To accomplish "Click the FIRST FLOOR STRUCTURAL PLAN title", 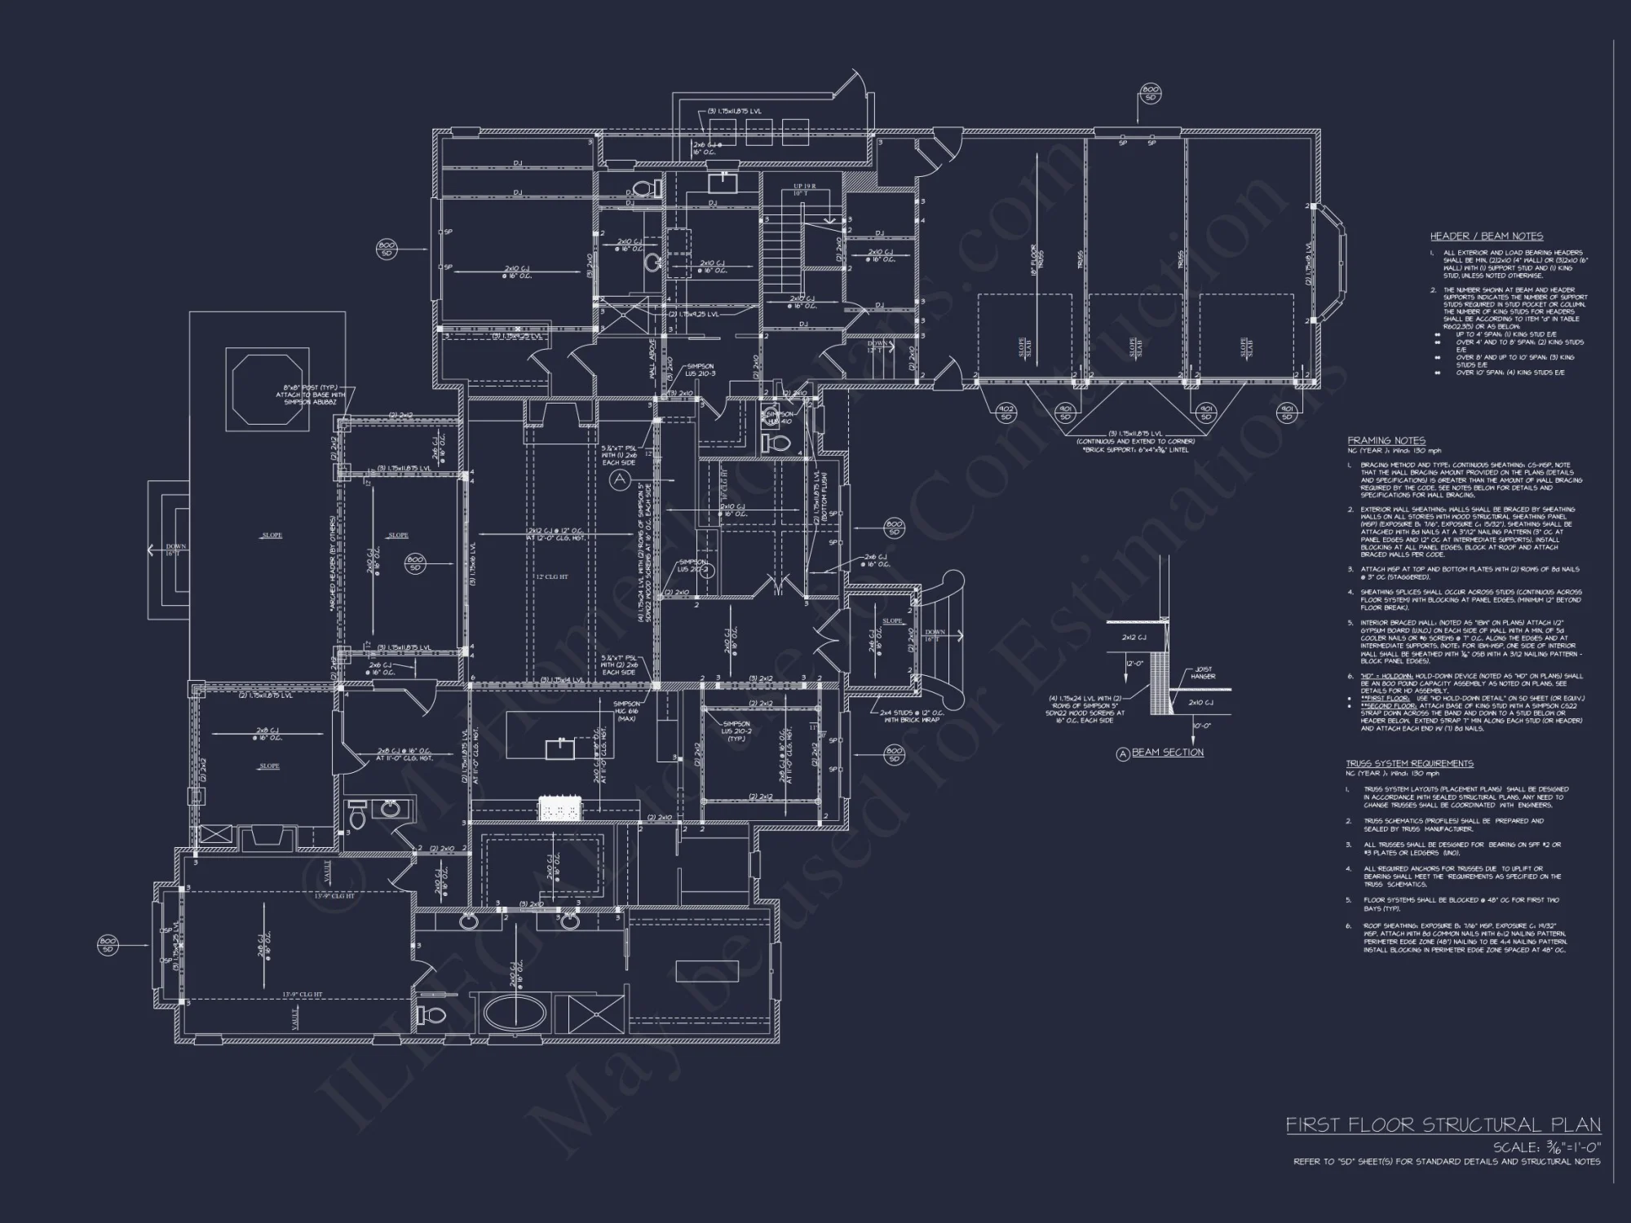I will (x=1443, y=1125).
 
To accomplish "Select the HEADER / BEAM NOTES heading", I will (x=1486, y=236).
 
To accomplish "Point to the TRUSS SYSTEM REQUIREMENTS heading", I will (x=1409, y=764).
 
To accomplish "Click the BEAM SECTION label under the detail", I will (x=1167, y=753).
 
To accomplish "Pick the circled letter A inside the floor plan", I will (x=620, y=479).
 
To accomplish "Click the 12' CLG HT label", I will (x=552, y=576).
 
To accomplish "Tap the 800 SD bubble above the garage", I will (x=1150, y=94).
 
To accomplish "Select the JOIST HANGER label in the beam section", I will (x=1203, y=673).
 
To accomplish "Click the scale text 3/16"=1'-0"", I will (x=1547, y=1147).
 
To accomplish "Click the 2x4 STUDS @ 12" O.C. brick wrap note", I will (x=909, y=716).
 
